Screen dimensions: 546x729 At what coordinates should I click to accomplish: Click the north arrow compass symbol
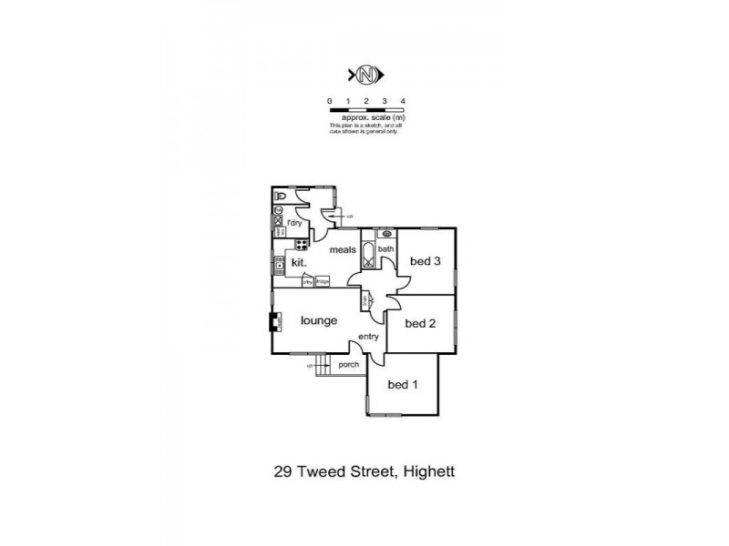click(x=367, y=74)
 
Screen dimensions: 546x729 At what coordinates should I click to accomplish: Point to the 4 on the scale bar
click(x=402, y=101)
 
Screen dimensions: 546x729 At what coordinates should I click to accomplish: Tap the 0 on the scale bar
click(x=330, y=101)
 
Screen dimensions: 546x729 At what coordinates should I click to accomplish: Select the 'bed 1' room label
click(x=403, y=385)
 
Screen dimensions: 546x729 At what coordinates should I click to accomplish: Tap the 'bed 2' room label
click(x=420, y=322)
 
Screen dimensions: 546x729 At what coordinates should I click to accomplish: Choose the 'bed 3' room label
click(x=426, y=261)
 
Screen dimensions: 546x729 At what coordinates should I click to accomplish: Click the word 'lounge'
click(x=319, y=320)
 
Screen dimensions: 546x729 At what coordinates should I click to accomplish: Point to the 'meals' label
click(x=342, y=250)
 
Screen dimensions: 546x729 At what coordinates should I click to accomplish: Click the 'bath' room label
click(x=386, y=248)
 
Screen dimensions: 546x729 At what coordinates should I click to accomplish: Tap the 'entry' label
click(x=368, y=338)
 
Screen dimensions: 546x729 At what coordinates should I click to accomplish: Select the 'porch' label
click(x=348, y=365)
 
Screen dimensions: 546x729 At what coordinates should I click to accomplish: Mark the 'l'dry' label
click(x=293, y=223)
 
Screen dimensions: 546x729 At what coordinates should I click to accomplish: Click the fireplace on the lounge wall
click(x=273, y=321)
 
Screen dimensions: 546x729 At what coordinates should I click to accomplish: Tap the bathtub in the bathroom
click(x=368, y=255)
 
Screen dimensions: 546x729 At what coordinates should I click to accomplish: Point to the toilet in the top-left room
click(x=281, y=196)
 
